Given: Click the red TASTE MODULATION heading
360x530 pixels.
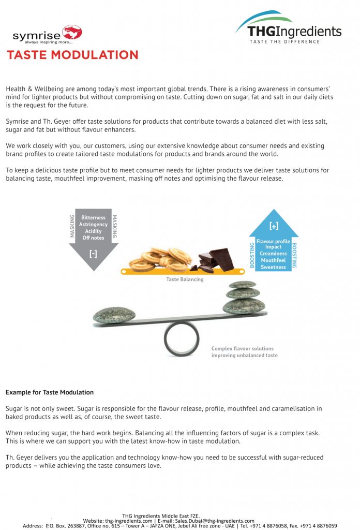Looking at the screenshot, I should [x=72, y=55].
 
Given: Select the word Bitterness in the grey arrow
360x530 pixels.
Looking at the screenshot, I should [x=93, y=218].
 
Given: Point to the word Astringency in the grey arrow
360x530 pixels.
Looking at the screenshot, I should [x=93, y=225].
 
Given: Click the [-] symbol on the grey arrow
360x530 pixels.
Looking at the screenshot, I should [x=93, y=254].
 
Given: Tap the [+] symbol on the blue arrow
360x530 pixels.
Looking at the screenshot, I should [x=274, y=226].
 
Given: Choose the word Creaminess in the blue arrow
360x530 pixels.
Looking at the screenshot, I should [x=273, y=254].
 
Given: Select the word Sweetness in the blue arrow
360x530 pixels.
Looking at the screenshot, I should [x=273, y=267].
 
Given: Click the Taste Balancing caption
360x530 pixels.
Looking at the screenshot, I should [x=185, y=279].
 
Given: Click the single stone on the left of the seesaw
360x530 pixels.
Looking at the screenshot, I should [x=114, y=315].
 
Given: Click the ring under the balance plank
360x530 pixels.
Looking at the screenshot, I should [x=181, y=339].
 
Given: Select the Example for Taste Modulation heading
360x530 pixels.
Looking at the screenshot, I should [x=50, y=392].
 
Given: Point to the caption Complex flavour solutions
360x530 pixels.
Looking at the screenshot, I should [x=242, y=348].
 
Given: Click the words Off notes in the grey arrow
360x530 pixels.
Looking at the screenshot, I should [x=93, y=238].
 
